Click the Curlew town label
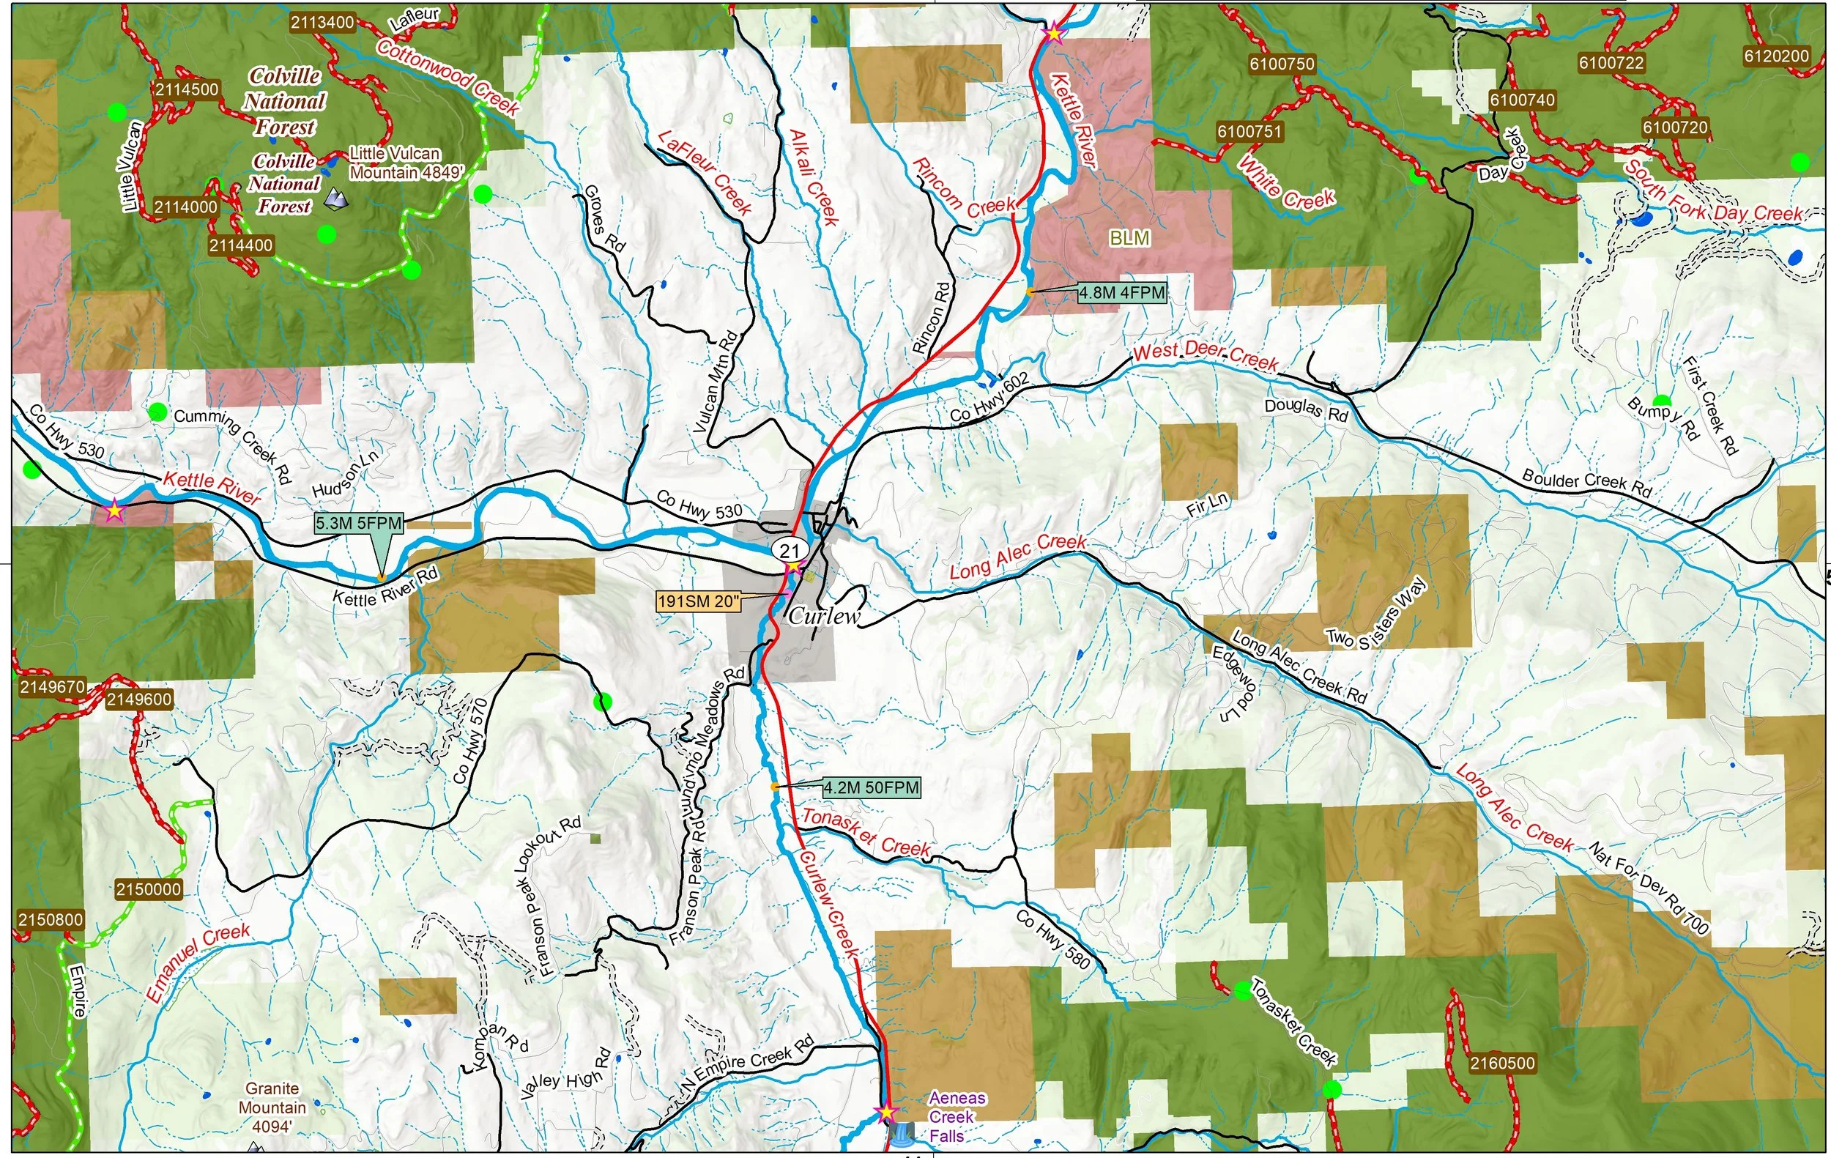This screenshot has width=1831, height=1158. click(824, 616)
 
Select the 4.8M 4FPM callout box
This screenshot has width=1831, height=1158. click(1121, 292)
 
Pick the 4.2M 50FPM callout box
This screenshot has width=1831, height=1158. click(871, 787)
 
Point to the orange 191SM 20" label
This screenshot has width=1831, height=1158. click(697, 601)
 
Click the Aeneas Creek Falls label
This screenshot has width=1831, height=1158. click(957, 1117)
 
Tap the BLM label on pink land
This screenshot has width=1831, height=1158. click(1129, 238)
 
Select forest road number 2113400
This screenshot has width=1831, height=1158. click(322, 22)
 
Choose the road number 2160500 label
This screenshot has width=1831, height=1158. click(1501, 1062)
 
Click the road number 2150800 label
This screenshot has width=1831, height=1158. click(51, 919)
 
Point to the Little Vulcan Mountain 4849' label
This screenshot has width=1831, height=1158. click(406, 163)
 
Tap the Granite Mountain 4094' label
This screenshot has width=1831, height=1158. click(272, 1107)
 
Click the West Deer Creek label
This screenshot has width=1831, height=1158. click(1206, 355)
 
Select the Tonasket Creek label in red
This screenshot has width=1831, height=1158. click(866, 833)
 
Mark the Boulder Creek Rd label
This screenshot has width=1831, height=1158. click(1586, 483)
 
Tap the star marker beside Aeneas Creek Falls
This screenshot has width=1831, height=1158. click(884, 1113)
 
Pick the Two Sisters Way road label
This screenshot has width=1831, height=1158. click(1376, 614)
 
